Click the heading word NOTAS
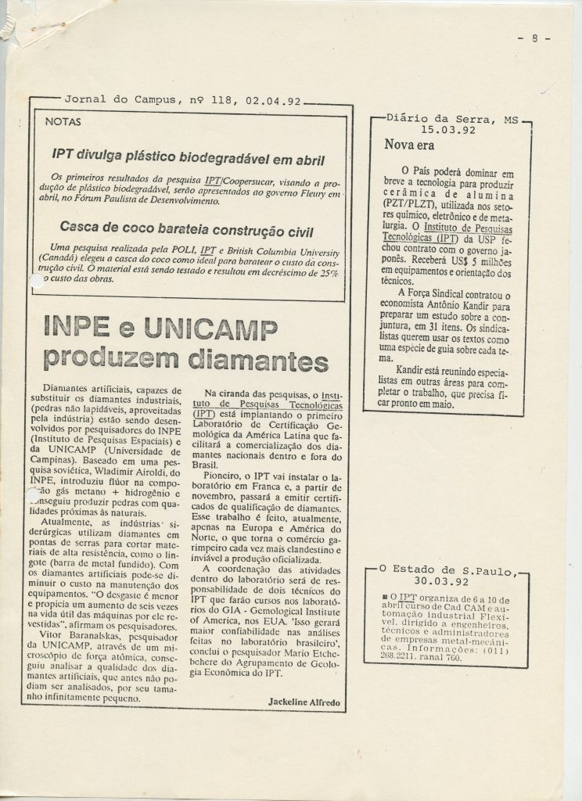[x=63, y=122]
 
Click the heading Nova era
[x=410, y=145]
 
